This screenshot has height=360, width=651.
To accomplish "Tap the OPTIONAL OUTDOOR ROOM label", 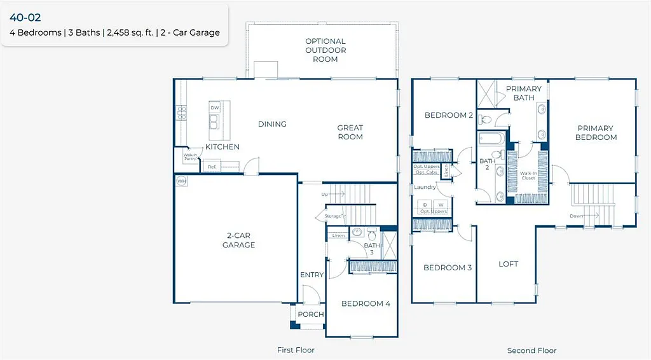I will point(325,50).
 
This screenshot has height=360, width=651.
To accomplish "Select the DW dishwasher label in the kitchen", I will point(214,108).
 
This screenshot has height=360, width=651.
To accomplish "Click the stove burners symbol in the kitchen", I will point(181,113).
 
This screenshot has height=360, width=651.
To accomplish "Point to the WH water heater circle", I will point(181,181).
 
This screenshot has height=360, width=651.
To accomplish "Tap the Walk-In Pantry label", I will point(190,156).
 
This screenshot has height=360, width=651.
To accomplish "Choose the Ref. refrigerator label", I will point(212,167).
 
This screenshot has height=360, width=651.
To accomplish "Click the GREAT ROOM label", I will point(350,132).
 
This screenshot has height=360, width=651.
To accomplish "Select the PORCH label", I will point(311,314).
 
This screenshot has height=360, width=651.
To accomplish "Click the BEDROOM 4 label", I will point(366,303).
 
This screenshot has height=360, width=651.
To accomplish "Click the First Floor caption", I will point(296,350).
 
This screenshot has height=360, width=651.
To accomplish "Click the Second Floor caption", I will point(531,350).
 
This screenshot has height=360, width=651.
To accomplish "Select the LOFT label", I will point(508,263).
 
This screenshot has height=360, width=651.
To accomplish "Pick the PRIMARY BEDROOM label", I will point(596,132).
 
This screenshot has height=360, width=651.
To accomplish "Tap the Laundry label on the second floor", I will point(425,187).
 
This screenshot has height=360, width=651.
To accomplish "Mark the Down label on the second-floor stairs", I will point(577,216).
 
